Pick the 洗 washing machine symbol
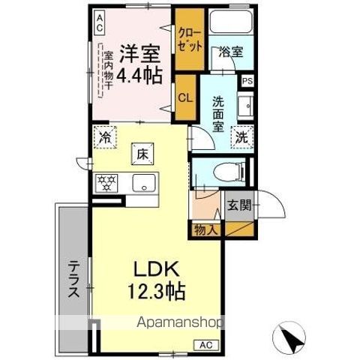[x=242, y=138]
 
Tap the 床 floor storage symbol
[x=142, y=154]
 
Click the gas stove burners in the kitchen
[x=106, y=182]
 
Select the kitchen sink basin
[x=142, y=182]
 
